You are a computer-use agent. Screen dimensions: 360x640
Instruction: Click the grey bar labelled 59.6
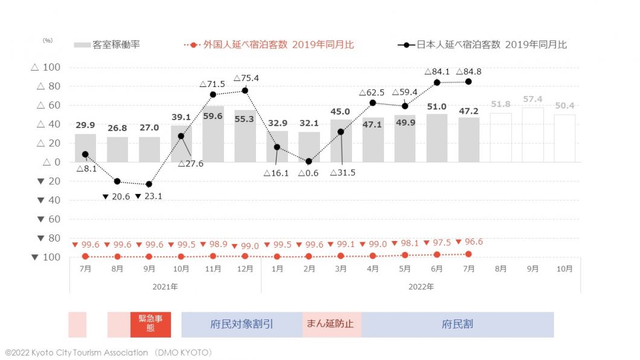(x=213, y=134)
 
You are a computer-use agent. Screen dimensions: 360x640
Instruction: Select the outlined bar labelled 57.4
(x=533, y=135)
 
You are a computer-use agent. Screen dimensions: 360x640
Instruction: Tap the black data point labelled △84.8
(x=469, y=82)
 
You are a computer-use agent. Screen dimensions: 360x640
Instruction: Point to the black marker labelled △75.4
(x=245, y=91)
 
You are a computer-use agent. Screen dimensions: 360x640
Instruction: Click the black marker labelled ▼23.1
(x=149, y=184)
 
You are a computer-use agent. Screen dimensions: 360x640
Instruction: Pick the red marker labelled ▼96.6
(x=469, y=254)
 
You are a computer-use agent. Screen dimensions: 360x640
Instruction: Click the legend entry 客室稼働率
(x=107, y=45)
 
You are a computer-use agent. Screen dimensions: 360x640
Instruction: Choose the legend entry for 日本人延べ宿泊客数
(x=482, y=45)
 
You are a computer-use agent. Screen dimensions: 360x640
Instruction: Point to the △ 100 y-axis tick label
(x=45, y=67)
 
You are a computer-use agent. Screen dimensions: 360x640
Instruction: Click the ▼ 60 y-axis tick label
(x=45, y=219)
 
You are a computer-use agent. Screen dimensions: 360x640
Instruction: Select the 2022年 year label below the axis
(x=421, y=286)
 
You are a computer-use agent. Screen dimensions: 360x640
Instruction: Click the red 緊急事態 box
(x=150, y=324)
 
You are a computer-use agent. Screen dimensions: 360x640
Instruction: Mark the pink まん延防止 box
(x=331, y=324)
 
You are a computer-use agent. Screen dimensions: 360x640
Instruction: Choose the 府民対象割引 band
(x=242, y=324)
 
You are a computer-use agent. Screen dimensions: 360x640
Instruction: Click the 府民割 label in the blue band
(x=457, y=324)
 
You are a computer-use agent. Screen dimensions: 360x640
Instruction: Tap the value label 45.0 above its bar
(x=341, y=112)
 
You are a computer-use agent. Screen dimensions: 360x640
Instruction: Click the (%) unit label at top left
(x=48, y=40)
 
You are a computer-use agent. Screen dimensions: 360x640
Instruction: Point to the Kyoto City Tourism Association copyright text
(x=109, y=352)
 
